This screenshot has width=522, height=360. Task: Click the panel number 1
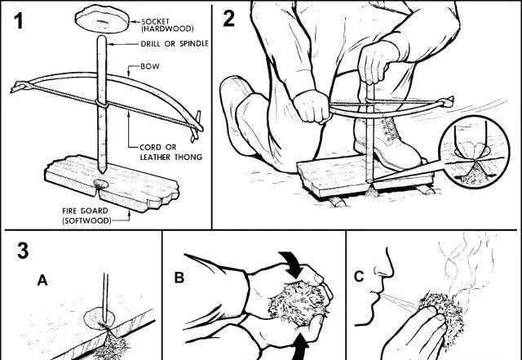19,21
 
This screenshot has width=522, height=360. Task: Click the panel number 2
228,18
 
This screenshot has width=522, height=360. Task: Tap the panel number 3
23,251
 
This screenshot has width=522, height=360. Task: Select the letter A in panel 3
42,280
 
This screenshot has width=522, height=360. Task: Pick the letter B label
179,278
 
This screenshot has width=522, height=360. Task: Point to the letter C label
359,277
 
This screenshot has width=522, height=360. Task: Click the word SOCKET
156,22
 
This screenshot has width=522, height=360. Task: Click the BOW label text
150,66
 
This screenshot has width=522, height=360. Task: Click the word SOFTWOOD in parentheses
86,220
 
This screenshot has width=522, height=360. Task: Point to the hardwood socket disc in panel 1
102,19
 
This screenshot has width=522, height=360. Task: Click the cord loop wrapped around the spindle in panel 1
102,104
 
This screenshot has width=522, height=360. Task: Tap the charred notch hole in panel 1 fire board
101,184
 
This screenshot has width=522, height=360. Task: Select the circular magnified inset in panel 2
474,152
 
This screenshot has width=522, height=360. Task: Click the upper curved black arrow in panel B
292,264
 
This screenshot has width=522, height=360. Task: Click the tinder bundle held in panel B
297,303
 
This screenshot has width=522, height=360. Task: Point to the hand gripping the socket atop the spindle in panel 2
376,64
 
